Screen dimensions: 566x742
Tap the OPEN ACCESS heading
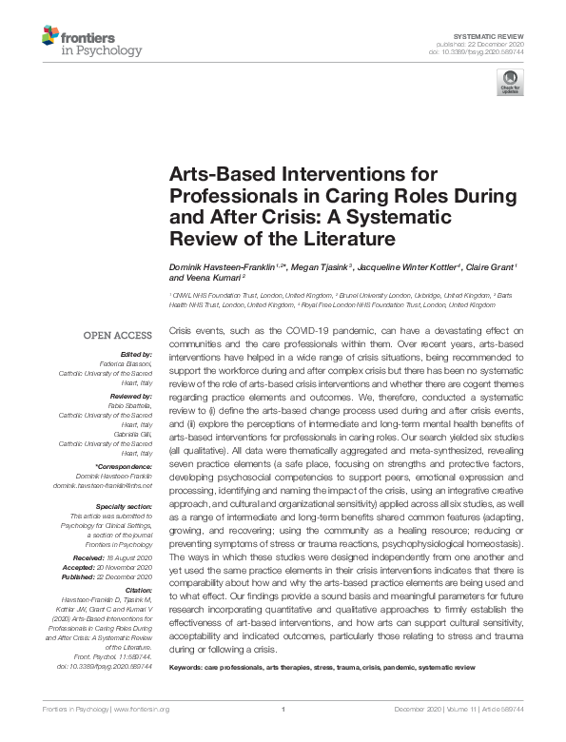pyautogui.click(x=119, y=336)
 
